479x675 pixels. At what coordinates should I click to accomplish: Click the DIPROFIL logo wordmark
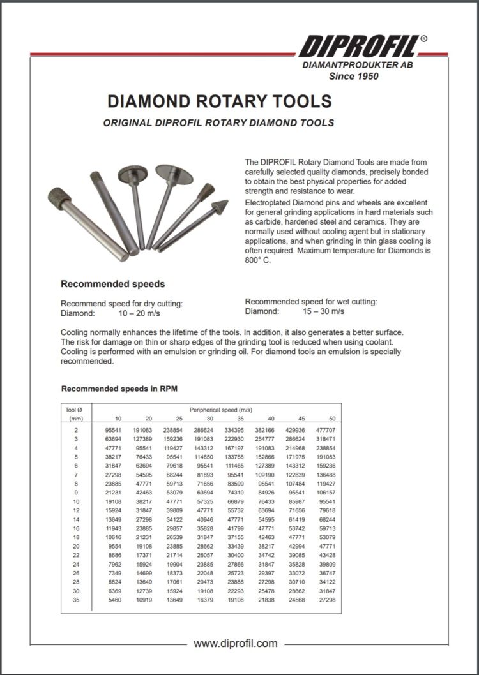[x=358, y=47]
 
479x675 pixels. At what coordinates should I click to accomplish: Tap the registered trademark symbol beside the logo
[x=423, y=39]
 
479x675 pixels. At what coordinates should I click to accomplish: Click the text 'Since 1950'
[x=353, y=76]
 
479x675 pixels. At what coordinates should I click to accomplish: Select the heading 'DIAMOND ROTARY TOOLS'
[x=219, y=102]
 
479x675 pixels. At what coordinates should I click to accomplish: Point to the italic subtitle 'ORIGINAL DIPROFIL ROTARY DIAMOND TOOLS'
[x=218, y=122]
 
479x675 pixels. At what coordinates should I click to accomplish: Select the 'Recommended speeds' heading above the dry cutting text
[x=112, y=284]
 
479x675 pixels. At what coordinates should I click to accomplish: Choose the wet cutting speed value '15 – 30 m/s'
[x=323, y=311]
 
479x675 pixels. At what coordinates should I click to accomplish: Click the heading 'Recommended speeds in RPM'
[x=119, y=389]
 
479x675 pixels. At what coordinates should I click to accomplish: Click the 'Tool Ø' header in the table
[x=75, y=409]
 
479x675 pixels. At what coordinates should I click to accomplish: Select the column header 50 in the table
[x=331, y=419]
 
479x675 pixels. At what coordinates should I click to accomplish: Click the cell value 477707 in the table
[x=326, y=431]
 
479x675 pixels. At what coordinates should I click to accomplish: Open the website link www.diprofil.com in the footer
[x=235, y=643]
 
